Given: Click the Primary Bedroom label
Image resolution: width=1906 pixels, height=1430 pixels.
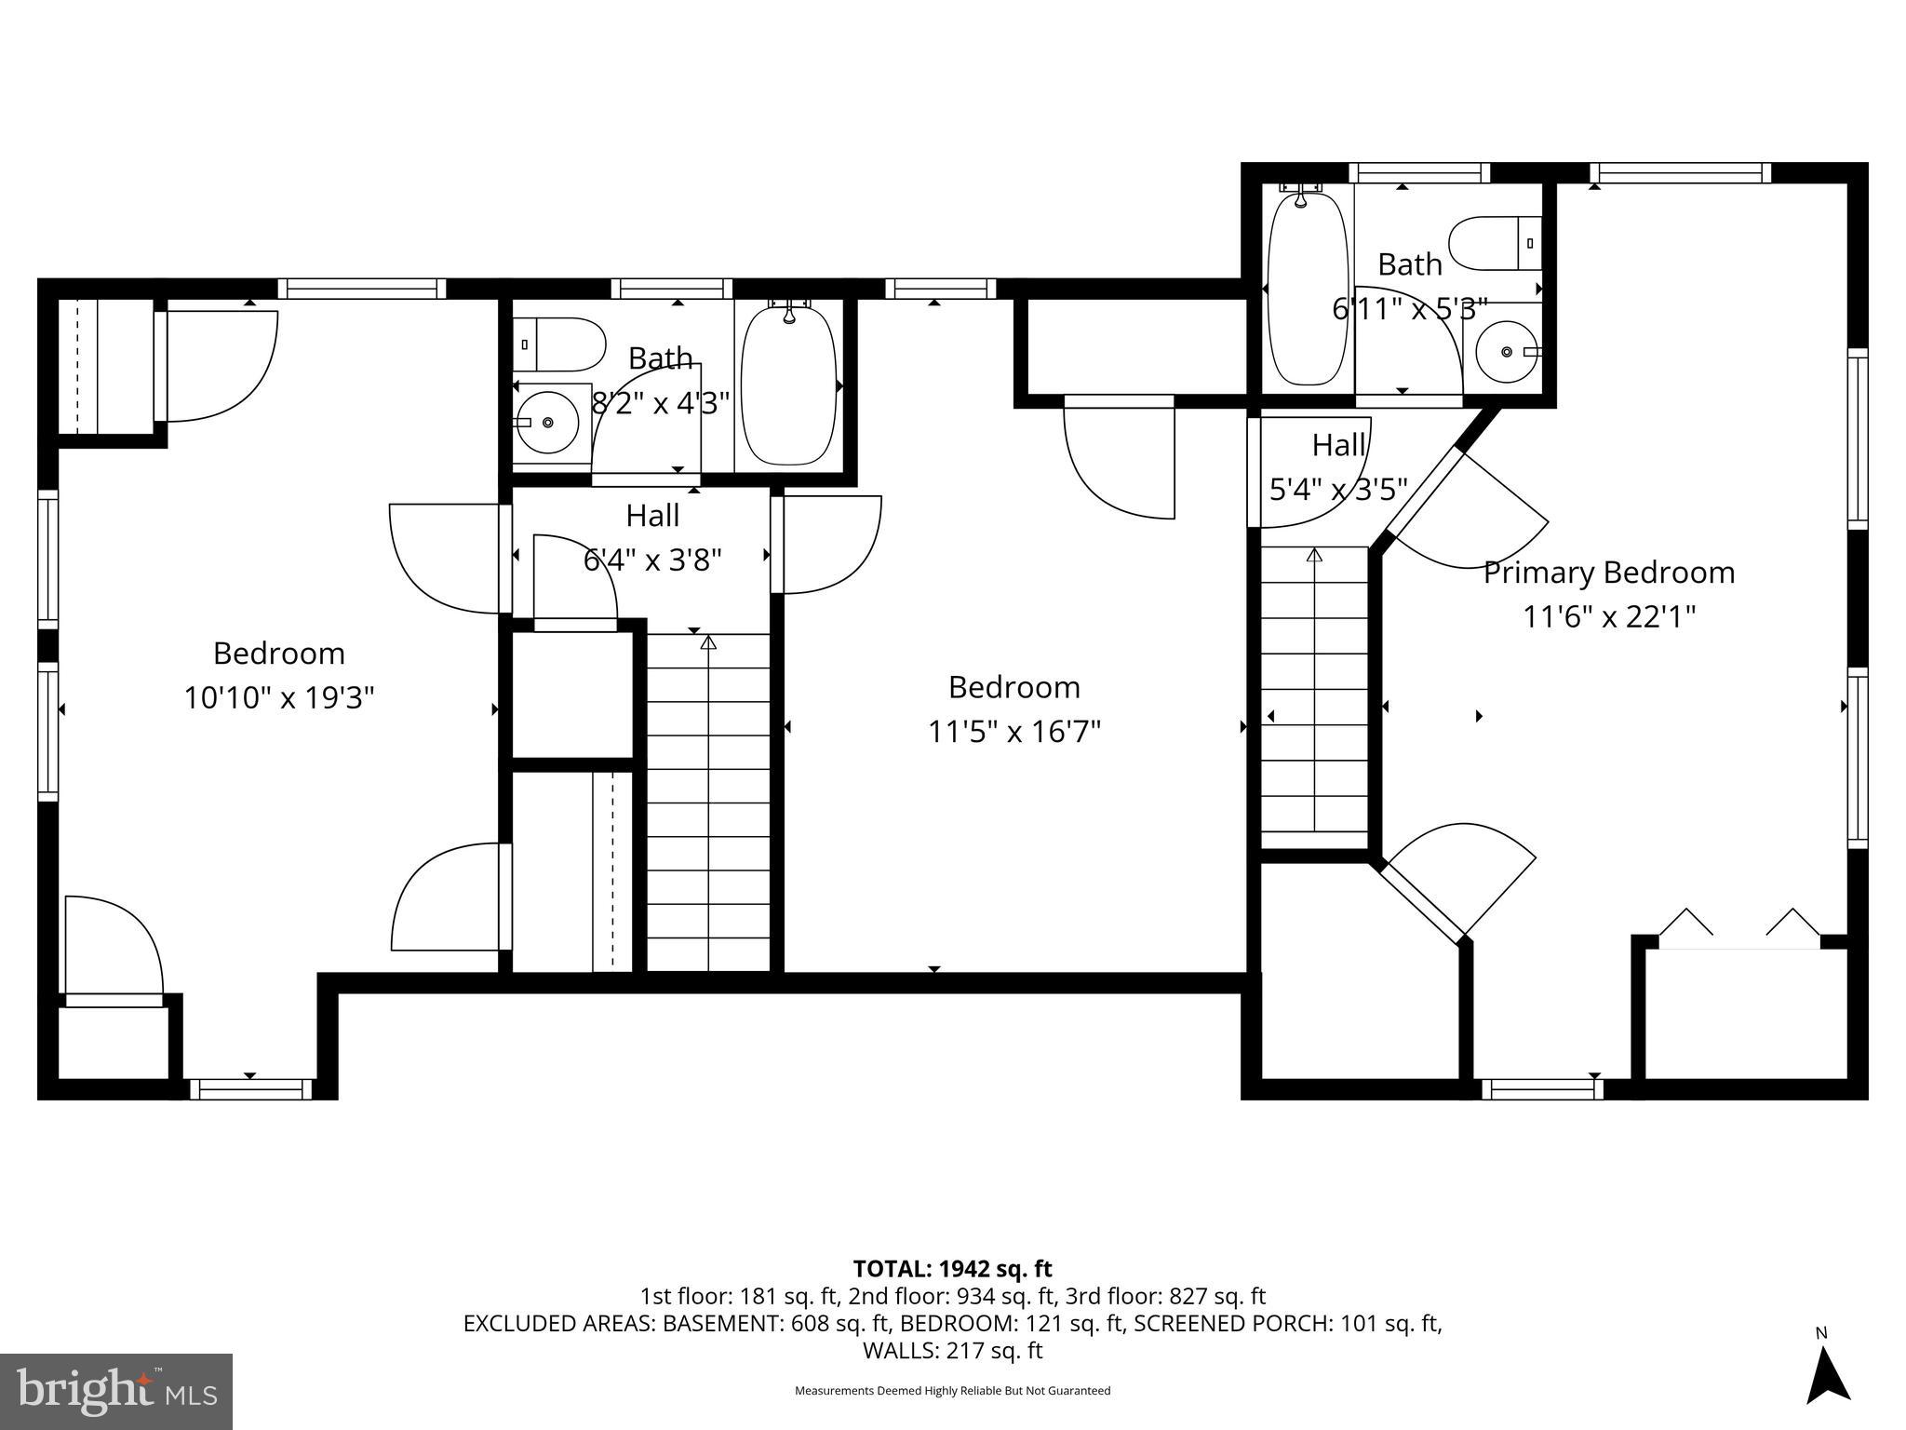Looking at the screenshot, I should click(1608, 572).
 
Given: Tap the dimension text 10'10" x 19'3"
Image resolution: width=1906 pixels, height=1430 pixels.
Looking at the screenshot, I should click(278, 697).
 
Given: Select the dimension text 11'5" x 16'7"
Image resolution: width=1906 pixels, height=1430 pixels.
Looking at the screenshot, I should click(1013, 732).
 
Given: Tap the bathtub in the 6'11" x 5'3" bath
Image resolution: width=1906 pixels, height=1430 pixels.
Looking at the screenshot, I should click(1308, 289).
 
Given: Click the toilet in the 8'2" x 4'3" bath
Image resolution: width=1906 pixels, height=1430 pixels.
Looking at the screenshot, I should click(558, 344).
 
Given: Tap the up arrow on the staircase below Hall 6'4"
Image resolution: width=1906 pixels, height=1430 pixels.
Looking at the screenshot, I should click(708, 642).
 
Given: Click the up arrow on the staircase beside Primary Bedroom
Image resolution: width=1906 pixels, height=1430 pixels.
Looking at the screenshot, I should click(1314, 556).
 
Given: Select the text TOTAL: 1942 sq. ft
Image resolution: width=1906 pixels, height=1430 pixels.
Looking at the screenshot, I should click(952, 1268).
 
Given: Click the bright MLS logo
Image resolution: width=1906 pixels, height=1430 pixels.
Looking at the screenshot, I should click(116, 1392).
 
